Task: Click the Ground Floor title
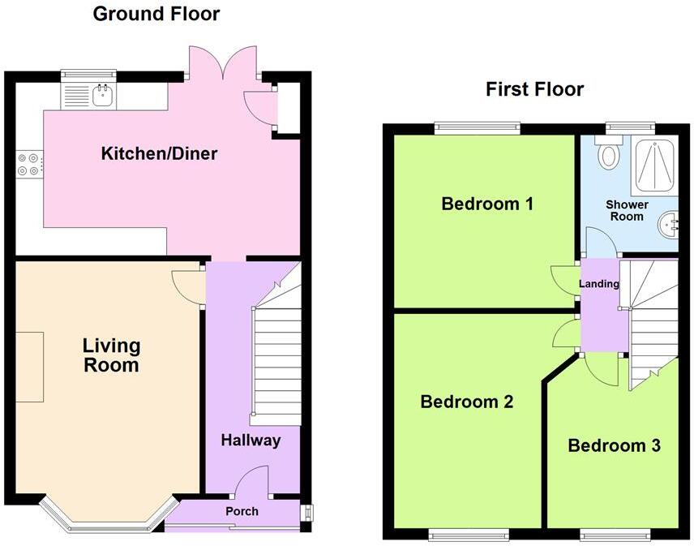click(x=156, y=14)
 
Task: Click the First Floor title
click(x=534, y=89)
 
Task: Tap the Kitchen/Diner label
click(x=159, y=153)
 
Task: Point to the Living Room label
click(x=111, y=355)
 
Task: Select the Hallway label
click(x=251, y=441)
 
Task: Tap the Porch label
click(x=242, y=511)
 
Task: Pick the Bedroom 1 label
click(x=486, y=204)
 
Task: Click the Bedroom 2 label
click(x=466, y=402)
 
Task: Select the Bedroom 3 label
click(x=614, y=445)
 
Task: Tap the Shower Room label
click(x=627, y=210)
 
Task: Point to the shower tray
click(x=655, y=166)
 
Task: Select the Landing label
click(x=599, y=284)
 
